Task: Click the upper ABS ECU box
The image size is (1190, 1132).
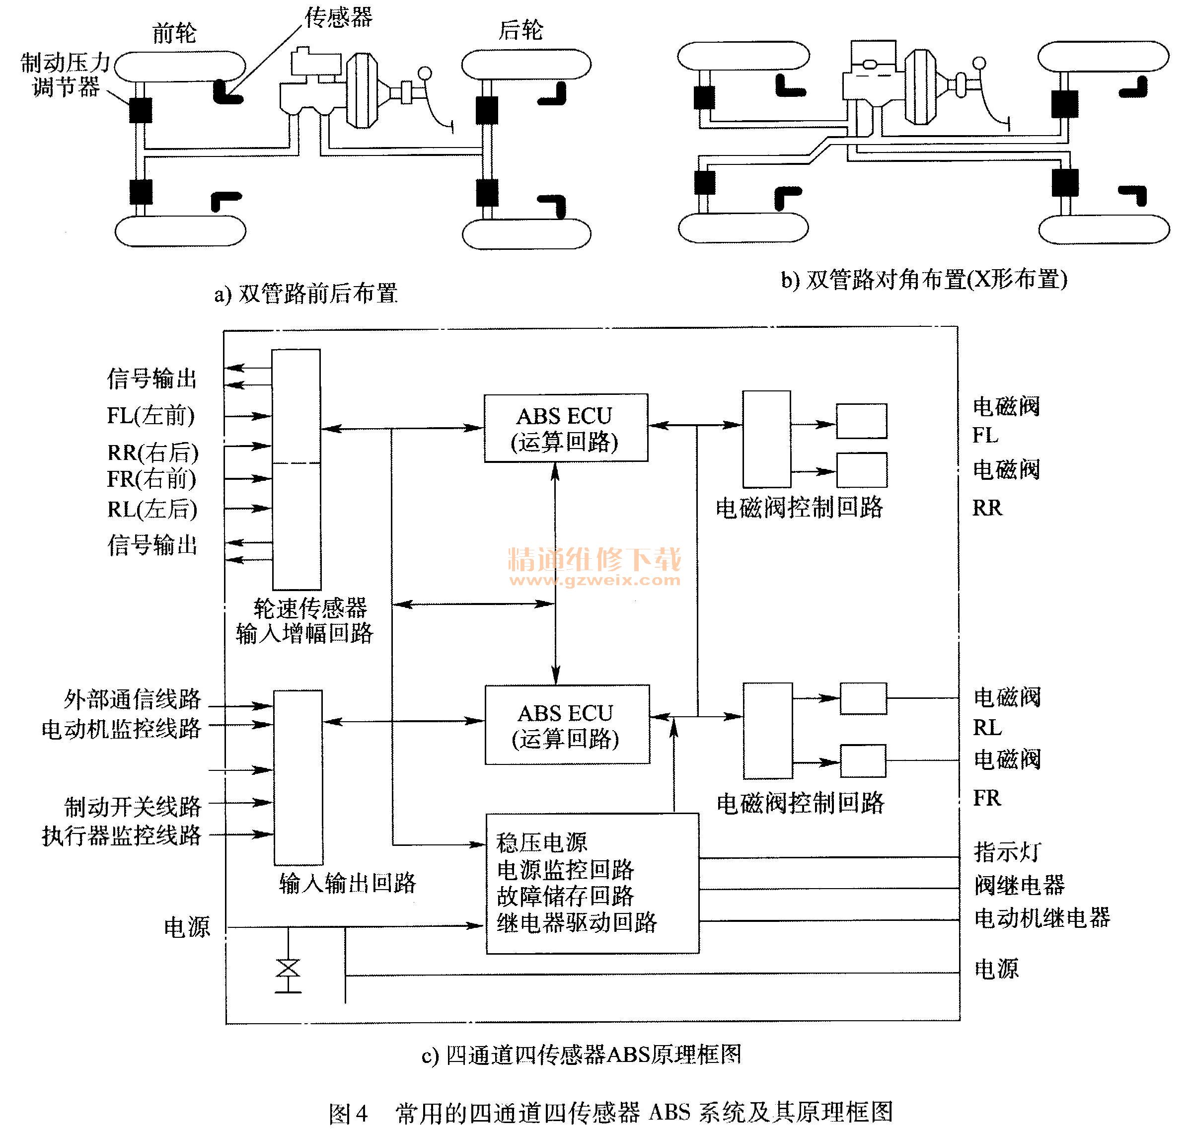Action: tap(565, 429)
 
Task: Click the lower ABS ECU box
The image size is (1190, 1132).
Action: tap(567, 725)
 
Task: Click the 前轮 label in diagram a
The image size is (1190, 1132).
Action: tap(174, 33)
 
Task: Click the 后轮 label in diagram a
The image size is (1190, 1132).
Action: tap(520, 30)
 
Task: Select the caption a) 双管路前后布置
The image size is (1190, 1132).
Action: tap(306, 294)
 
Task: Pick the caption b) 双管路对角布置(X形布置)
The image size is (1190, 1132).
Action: tap(923, 279)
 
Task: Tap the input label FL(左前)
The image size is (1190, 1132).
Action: tap(151, 416)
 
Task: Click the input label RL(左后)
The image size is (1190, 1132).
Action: tap(152, 509)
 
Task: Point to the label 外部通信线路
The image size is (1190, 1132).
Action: tap(132, 700)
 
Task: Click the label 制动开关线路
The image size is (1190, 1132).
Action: tap(132, 806)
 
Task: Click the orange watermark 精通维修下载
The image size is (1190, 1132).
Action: tap(595, 560)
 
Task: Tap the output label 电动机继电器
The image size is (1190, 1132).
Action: tap(1041, 918)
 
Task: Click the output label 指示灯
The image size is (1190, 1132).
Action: tap(1007, 852)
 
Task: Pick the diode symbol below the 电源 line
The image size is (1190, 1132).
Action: tap(288, 969)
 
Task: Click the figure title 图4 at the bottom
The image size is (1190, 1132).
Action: tap(348, 1113)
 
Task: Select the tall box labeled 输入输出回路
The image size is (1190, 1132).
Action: tap(298, 777)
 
